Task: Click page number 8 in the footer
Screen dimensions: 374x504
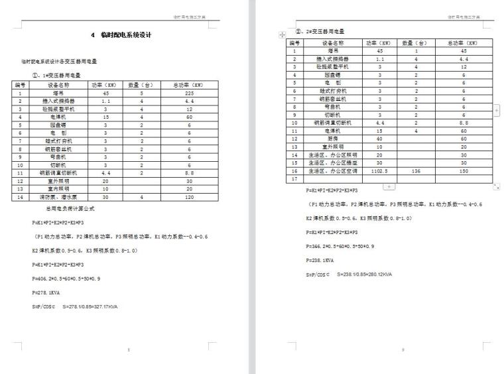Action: pyautogui.click(x=128, y=347)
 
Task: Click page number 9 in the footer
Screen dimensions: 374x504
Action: pyautogui.click(x=403, y=347)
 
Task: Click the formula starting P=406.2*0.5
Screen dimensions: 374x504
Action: pyautogui.click(x=66, y=279)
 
